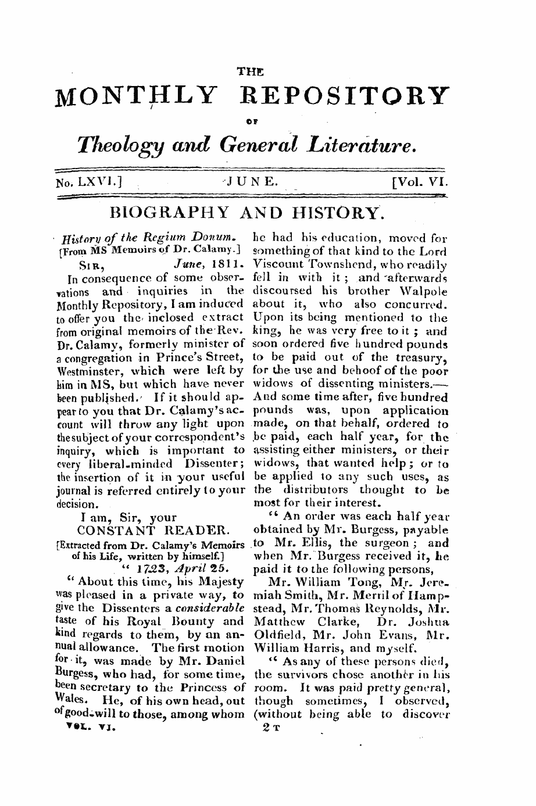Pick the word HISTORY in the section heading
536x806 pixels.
click(331, 217)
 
